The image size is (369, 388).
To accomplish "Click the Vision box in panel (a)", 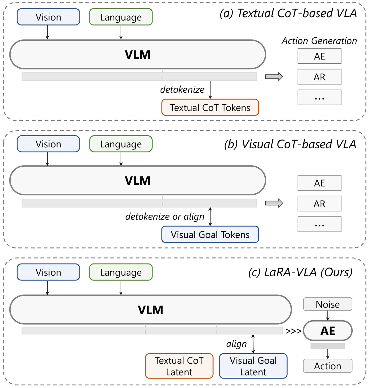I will click(48, 17).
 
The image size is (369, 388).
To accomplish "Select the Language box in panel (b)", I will click(121, 144).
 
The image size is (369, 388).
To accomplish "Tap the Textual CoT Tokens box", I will click(210, 108).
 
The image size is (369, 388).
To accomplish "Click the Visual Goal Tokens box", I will click(210, 234).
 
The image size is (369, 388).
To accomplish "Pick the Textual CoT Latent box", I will click(179, 366).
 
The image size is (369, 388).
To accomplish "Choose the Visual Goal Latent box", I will click(253, 366).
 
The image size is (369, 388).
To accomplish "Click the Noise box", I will click(328, 304).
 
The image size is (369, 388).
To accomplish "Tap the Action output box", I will click(328, 366).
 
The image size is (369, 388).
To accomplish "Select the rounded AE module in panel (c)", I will click(328, 331).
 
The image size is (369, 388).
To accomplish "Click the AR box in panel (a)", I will click(319, 77).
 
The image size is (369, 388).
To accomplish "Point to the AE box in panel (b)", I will click(319, 183).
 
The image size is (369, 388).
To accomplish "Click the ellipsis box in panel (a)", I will click(319, 98).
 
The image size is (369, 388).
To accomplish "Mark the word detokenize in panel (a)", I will click(182, 90).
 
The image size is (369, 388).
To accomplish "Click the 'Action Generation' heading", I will click(319, 41).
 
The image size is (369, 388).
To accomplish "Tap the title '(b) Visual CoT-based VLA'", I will click(290, 144).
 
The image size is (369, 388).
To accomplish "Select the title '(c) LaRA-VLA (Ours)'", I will click(300, 272).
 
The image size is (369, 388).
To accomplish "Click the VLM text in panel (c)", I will click(151, 310).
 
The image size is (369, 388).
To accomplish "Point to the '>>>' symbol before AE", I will click(293, 331).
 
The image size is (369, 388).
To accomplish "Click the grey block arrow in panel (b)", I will click(274, 203).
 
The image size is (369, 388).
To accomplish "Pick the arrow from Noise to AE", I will click(328, 316).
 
